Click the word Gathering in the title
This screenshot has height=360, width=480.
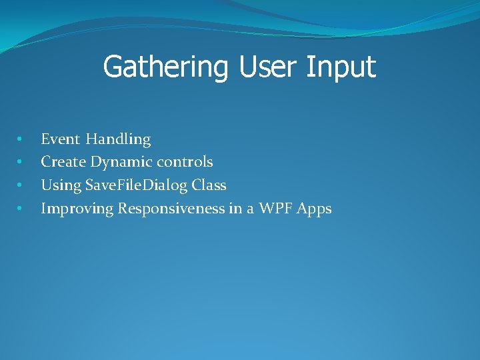[165, 67]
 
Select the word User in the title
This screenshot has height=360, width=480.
[268, 66]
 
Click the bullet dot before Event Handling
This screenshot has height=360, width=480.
[19, 139]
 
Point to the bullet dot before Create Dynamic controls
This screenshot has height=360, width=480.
[19, 161]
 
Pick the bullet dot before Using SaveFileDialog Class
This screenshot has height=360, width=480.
[19, 185]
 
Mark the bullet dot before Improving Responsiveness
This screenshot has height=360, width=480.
[19, 208]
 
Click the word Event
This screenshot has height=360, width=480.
[60, 139]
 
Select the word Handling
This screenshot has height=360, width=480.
[118, 140]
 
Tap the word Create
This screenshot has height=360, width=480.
[63, 161]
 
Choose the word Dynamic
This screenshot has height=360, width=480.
[121, 163]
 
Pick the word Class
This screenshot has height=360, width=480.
[209, 185]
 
